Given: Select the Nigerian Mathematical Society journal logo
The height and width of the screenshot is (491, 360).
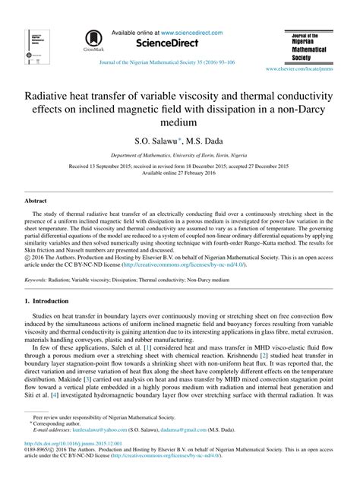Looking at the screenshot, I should tap(308, 46).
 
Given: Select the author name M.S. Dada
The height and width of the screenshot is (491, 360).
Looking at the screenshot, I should tap(202, 141).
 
